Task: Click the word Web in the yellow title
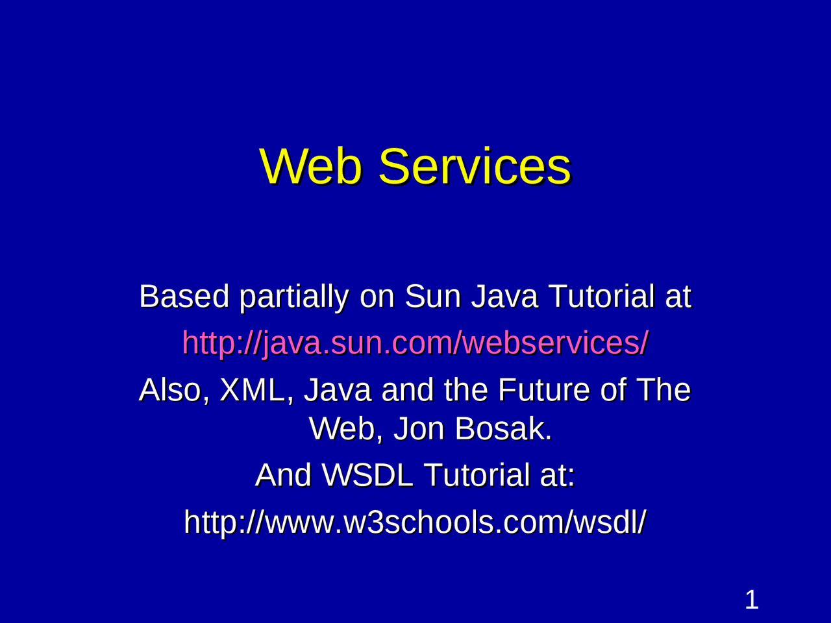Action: coord(314,166)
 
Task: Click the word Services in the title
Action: coord(475,166)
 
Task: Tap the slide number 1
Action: coord(751,600)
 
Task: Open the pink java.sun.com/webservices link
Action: coord(415,343)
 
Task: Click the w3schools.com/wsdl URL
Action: coord(415,522)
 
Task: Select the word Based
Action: coord(184,297)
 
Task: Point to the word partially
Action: coord(294,298)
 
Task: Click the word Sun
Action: coord(432,297)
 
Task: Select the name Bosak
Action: coord(503,428)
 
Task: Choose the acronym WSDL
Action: coord(368,475)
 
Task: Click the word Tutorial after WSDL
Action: coord(477,475)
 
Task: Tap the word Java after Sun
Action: coord(504,297)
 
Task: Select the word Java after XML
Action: coord(338,390)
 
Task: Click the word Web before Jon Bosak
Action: coord(345,428)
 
